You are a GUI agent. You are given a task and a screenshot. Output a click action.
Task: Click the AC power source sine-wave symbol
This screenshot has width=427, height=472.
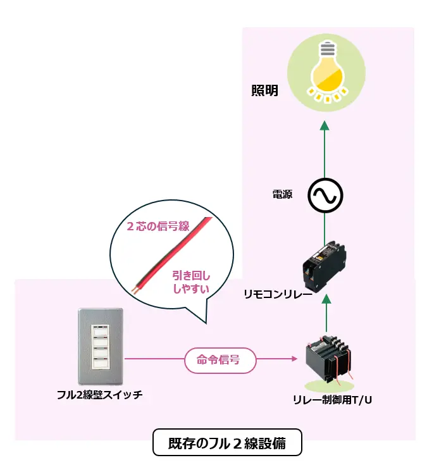click(x=325, y=196)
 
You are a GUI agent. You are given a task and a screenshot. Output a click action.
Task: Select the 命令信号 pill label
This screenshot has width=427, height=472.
click(x=221, y=360)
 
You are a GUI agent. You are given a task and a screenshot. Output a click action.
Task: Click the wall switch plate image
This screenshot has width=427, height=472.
click(x=101, y=347)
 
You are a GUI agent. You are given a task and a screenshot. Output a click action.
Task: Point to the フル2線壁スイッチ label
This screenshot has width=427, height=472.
click(x=99, y=395)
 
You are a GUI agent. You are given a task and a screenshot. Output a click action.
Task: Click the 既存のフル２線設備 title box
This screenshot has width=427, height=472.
click(x=227, y=443)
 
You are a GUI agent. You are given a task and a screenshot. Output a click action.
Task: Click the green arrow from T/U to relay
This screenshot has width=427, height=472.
click(x=325, y=310)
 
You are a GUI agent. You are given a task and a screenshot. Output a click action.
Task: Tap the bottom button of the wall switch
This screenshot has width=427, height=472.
click(x=101, y=363)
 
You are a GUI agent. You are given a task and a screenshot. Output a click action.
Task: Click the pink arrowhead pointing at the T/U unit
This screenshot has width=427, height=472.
click(x=295, y=359)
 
